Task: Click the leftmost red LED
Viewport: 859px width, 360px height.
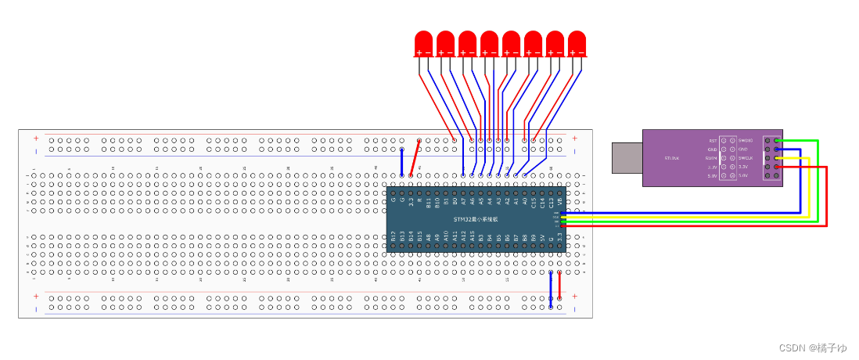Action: point(423,43)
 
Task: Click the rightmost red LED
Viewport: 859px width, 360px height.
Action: point(577,43)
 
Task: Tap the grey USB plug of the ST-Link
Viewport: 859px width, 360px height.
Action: point(627,157)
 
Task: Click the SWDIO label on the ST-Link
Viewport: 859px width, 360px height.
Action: point(746,140)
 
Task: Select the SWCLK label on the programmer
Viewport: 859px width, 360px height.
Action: point(746,158)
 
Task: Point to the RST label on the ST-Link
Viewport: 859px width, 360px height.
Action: point(713,140)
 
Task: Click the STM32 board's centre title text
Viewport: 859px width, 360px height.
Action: point(476,219)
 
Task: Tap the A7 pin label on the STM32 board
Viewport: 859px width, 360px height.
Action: point(464,201)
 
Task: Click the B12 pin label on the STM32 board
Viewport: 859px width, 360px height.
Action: point(394,236)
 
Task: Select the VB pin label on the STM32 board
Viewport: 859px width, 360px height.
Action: point(559,201)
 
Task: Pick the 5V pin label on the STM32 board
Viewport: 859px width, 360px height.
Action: point(542,236)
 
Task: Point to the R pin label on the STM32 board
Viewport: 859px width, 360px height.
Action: point(420,200)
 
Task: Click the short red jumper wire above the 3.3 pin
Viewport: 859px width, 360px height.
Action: point(415,158)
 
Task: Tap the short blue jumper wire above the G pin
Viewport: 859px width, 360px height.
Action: point(402,161)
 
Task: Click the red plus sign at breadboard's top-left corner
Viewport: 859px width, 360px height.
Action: point(36,139)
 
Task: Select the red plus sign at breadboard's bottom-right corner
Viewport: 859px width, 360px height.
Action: point(574,297)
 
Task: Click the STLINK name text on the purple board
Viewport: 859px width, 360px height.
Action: point(671,158)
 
